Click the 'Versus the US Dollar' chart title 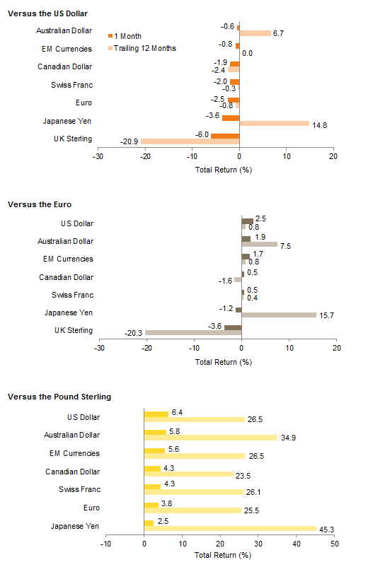pyautogui.click(x=48, y=13)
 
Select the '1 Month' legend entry pyautogui.click(x=125, y=36)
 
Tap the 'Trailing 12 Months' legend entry pyautogui.click(x=142, y=48)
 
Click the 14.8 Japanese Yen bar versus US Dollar pyautogui.click(x=275, y=124)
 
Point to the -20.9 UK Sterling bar pyautogui.click(x=190, y=141)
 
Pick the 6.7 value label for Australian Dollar pyautogui.click(x=278, y=33)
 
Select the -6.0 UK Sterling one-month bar pyautogui.click(x=225, y=136)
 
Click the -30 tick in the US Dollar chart pyautogui.click(x=98, y=156)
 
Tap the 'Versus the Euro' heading pyautogui.click(x=40, y=204)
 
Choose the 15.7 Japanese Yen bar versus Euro pyautogui.click(x=279, y=315)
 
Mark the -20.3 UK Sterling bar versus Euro pyautogui.click(x=193, y=333)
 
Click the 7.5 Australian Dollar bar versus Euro pyautogui.click(x=260, y=244)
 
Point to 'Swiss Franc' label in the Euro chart pyautogui.click(x=72, y=295)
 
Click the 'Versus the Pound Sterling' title pyautogui.click(x=59, y=397)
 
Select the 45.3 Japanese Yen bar pyautogui.click(x=230, y=528)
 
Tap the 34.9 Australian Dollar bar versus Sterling pyautogui.click(x=210, y=438)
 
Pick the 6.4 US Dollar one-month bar pyautogui.click(x=156, y=414)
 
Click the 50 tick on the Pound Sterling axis pyautogui.click(x=334, y=544)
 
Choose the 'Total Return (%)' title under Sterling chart pyautogui.click(x=223, y=555)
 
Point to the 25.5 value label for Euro pyautogui.click(x=251, y=510)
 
